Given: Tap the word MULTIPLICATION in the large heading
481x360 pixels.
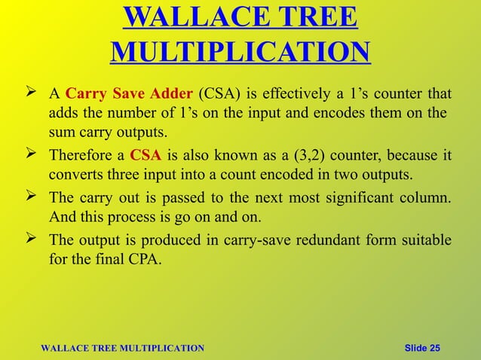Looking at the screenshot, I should click(x=240, y=52).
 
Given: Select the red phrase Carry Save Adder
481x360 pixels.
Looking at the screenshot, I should click(x=129, y=96).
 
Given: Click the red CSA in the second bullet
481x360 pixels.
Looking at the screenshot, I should click(x=144, y=157).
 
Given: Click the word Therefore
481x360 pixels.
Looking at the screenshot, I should click(x=79, y=157).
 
